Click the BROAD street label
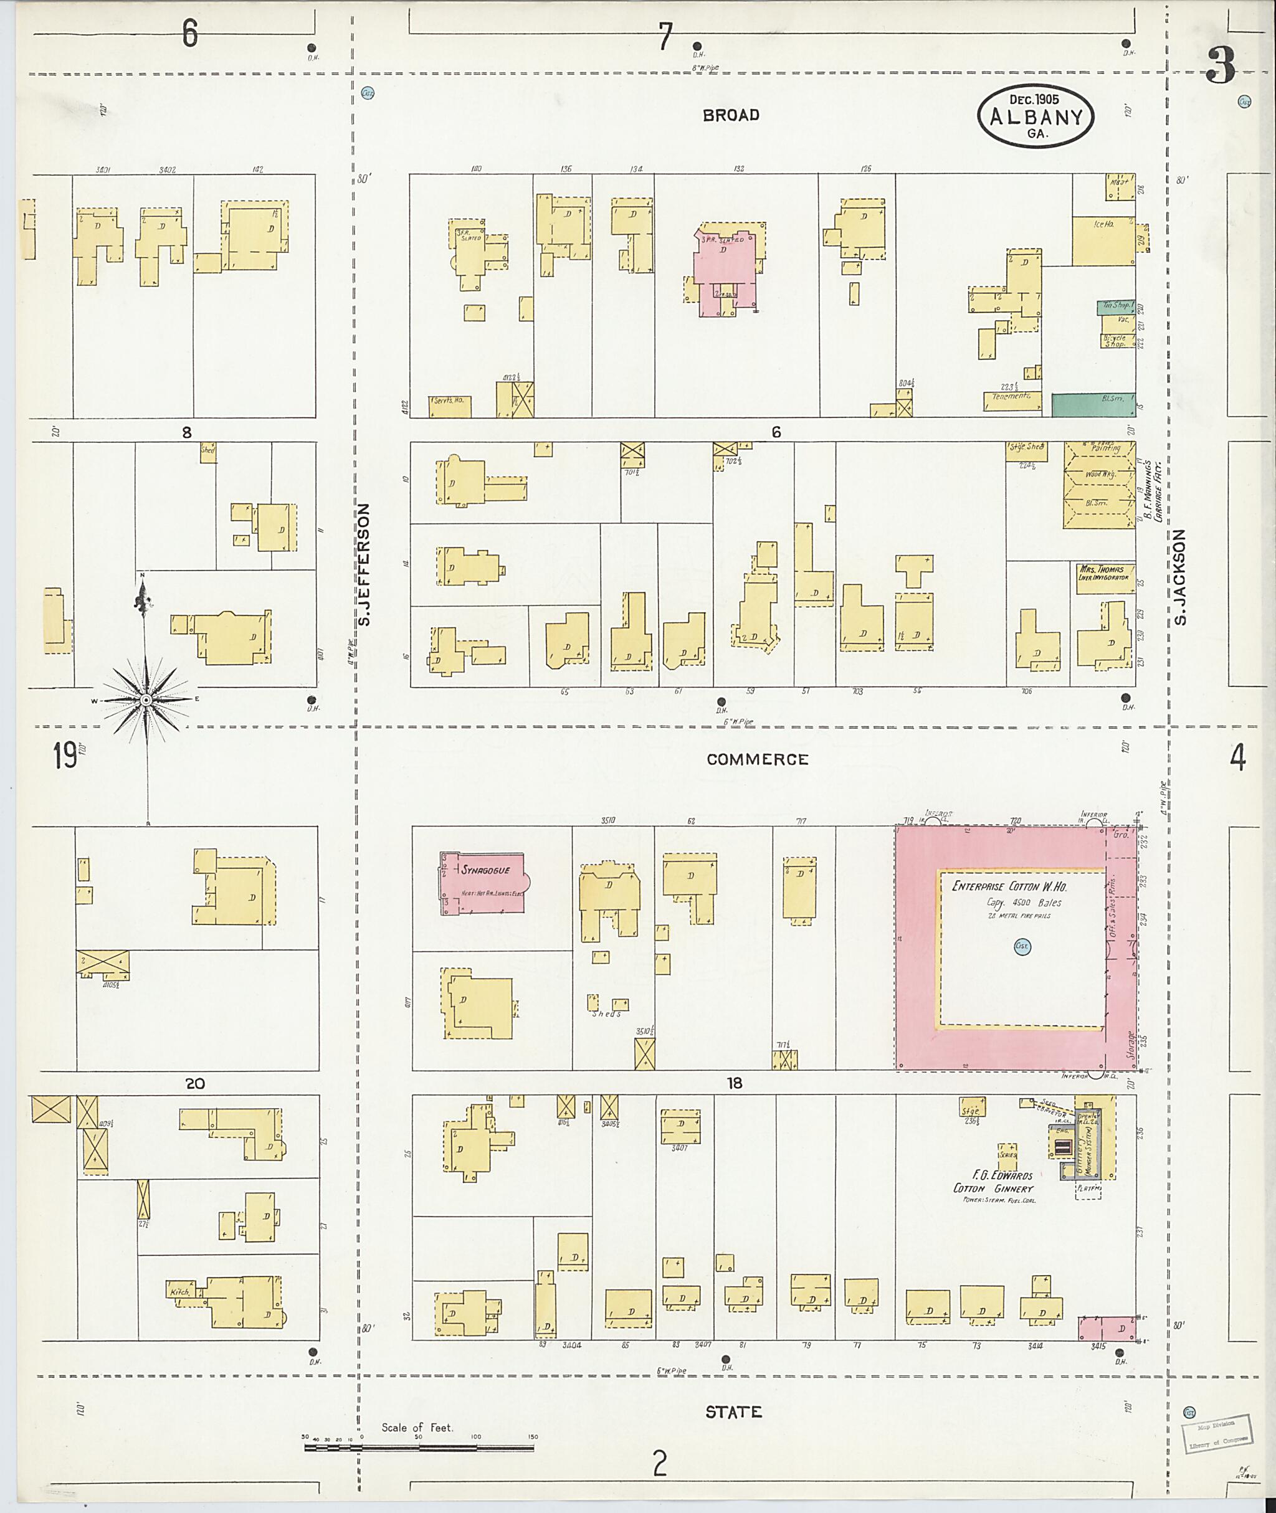click(731, 115)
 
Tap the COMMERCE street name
click(756, 759)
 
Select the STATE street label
click(733, 1411)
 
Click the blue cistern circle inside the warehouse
click(1022, 947)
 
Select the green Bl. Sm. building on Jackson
click(1092, 405)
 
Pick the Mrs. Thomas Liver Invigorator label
click(1105, 574)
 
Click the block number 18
click(735, 1083)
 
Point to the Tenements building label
click(1011, 397)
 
